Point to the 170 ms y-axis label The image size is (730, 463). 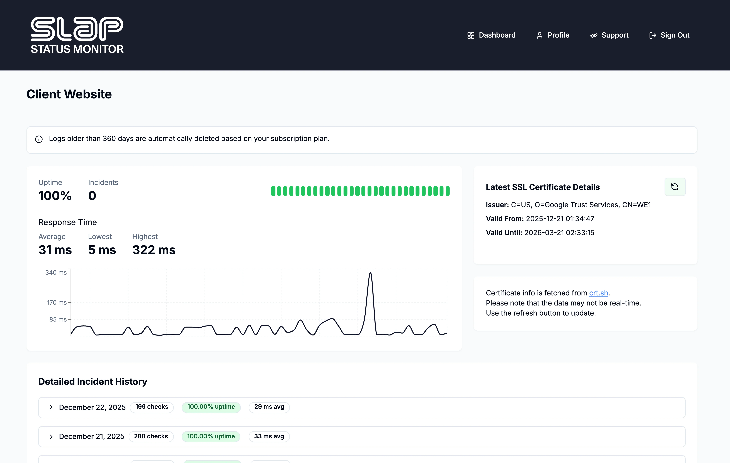point(57,302)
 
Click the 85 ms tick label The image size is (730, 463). point(58,319)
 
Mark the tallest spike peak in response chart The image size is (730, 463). point(370,273)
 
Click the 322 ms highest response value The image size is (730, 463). point(154,250)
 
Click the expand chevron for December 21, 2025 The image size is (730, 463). point(51,436)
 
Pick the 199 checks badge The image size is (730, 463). point(152,407)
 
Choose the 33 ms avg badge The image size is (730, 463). point(269,436)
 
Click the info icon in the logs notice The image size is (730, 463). point(39,139)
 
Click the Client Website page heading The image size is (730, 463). point(69,94)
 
